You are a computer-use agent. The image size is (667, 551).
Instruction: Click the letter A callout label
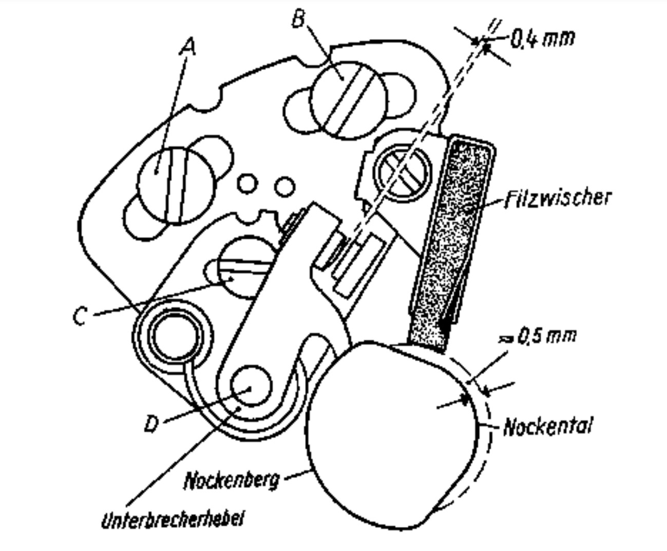coord(188,47)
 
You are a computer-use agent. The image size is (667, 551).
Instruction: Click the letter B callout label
coord(298,19)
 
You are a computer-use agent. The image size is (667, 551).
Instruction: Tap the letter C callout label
coord(80,316)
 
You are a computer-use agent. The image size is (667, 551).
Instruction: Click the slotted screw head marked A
coord(176,186)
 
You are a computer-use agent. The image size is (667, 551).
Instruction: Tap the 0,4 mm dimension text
coord(542,39)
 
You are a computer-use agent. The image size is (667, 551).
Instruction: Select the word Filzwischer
coord(558,198)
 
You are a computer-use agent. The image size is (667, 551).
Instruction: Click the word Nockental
coord(547,426)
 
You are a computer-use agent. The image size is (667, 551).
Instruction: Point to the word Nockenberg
coord(232,480)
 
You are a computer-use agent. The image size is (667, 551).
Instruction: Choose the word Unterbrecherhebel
coord(172,519)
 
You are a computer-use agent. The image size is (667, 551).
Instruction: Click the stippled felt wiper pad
coord(452,241)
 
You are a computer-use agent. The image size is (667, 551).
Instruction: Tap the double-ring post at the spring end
coord(174,339)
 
